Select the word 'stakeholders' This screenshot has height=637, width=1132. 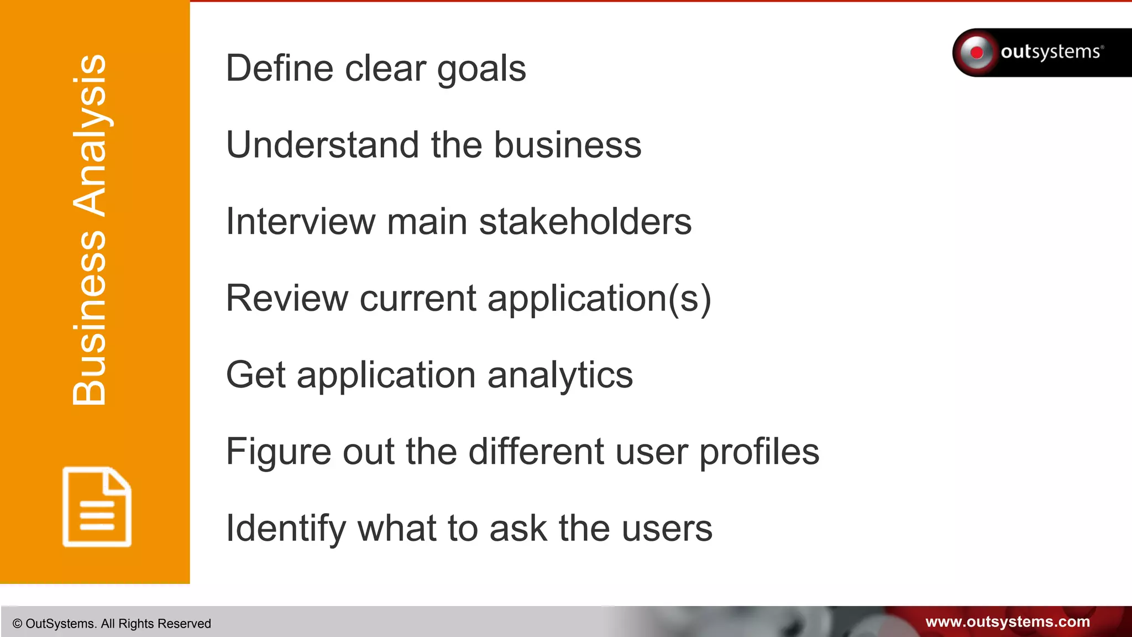(x=585, y=222)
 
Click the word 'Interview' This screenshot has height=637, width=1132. (x=300, y=222)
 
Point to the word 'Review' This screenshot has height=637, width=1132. (x=287, y=299)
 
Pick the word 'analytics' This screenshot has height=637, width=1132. (x=560, y=376)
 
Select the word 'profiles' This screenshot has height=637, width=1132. (x=759, y=452)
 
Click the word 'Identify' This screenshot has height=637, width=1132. (x=286, y=529)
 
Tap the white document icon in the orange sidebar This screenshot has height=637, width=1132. (x=97, y=507)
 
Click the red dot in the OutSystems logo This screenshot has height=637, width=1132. (x=977, y=53)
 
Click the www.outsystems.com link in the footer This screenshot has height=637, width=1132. (x=1007, y=622)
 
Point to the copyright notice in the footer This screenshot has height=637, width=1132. (x=112, y=624)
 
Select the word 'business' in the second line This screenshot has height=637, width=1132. (x=567, y=145)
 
